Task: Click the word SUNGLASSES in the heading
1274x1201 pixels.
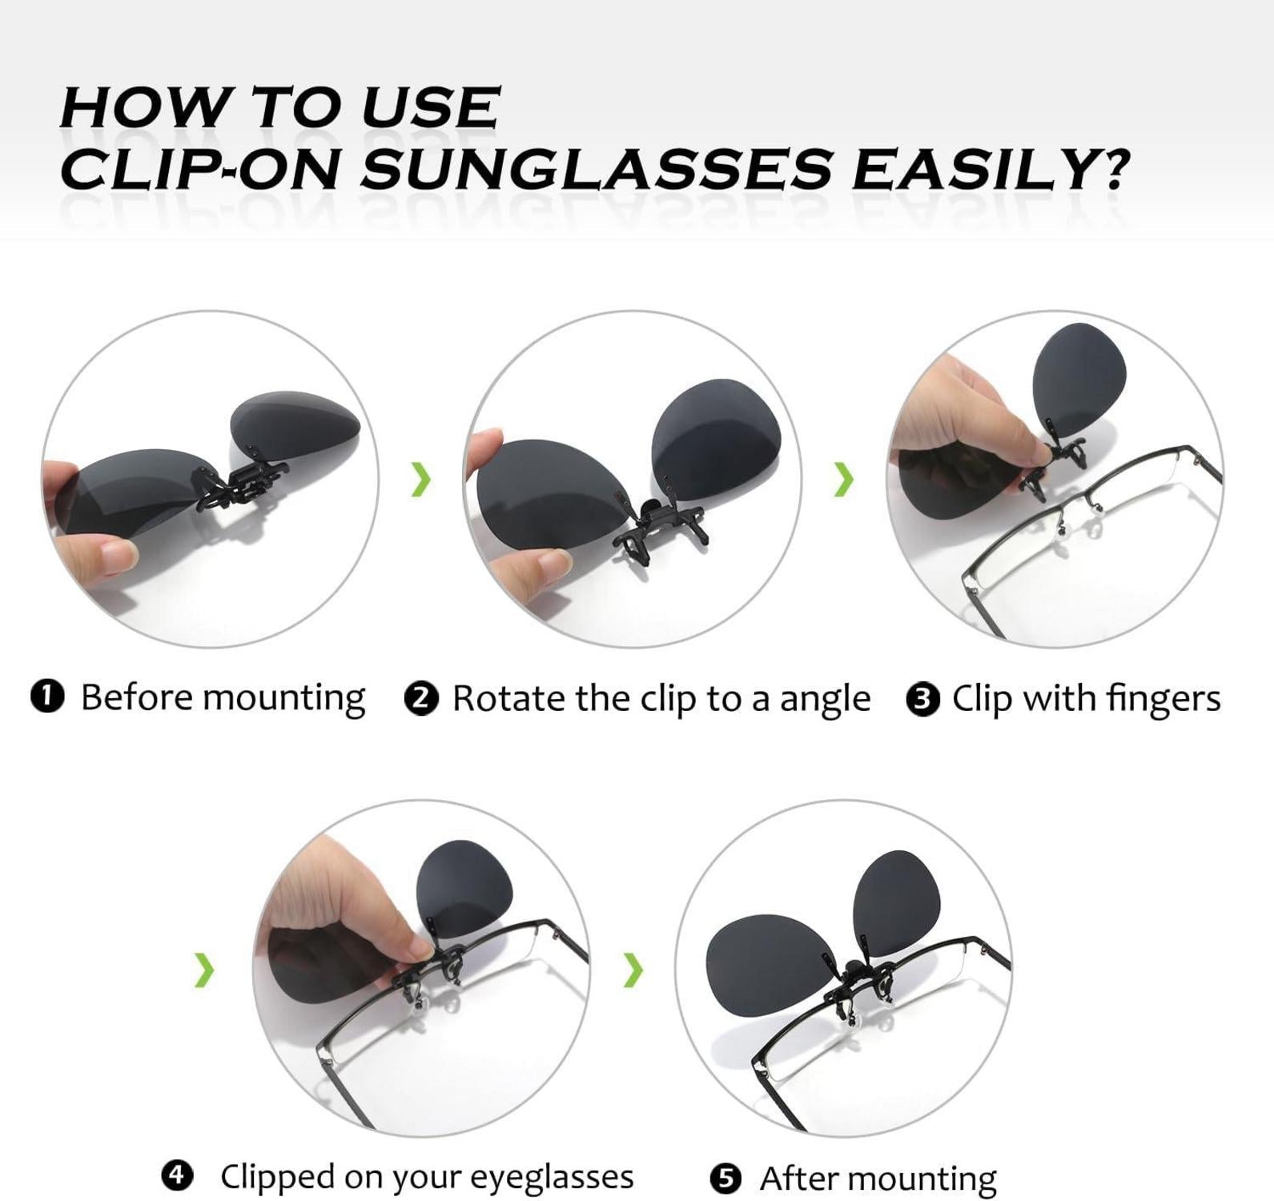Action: pyautogui.click(x=597, y=169)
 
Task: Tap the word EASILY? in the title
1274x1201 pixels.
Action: pyautogui.click(x=990, y=169)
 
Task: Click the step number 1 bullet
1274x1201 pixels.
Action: pyautogui.click(x=46, y=696)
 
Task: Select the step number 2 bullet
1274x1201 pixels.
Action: pyautogui.click(x=421, y=698)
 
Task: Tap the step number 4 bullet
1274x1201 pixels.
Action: pyautogui.click(x=177, y=1175)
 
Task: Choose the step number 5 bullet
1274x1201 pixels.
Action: pyautogui.click(x=725, y=1179)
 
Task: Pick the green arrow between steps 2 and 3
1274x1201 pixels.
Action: pyautogui.click(x=843, y=479)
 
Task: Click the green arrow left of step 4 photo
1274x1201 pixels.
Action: pyautogui.click(x=205, y=970)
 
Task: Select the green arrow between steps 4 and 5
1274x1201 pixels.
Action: pyautogui.click(x=633, y=970)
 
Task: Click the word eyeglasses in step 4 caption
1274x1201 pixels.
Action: pyautogui.click(x=551, y=1177)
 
